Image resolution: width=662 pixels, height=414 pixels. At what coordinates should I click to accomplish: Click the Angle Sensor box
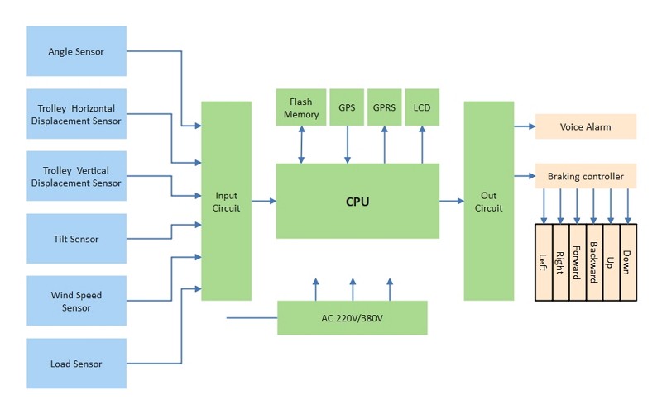(77, 51)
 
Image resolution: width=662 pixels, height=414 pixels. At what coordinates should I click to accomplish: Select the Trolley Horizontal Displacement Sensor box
(77, 114)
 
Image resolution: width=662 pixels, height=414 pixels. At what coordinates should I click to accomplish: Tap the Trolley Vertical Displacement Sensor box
(77, 176)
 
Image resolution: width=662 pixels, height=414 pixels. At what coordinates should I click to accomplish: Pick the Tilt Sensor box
(77, 239)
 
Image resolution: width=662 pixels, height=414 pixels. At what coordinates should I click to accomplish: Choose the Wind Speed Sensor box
(77, 302)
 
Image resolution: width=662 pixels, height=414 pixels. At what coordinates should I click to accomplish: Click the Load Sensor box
(77, 364)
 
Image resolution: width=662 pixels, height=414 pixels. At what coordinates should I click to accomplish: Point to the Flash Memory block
(301, 108)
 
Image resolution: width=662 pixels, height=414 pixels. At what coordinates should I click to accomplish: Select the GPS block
(347, 108)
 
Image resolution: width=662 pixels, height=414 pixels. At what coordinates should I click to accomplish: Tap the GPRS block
(384, 108)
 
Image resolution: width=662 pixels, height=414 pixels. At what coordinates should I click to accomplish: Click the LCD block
(422, 108)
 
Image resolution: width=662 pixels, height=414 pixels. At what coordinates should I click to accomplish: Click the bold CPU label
(357, 202)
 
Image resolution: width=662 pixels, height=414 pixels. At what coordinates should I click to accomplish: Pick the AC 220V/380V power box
(352, 318)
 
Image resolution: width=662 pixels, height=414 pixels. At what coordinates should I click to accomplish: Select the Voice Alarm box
(586, 126)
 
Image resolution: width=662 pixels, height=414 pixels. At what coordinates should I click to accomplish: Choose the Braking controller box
(586, 176)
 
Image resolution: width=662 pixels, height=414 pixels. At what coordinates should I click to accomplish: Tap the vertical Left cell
(544, 261)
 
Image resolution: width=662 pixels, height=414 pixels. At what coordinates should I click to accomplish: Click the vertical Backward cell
(594, 261)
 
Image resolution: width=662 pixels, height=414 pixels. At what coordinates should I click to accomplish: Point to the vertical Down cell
(628, 261)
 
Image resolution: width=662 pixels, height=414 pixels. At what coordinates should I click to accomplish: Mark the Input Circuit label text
(226, 202)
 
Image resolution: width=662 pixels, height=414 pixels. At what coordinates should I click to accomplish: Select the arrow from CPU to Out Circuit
(452, 201)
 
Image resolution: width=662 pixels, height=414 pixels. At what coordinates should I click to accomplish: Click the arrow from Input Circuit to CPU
(263, 201)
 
